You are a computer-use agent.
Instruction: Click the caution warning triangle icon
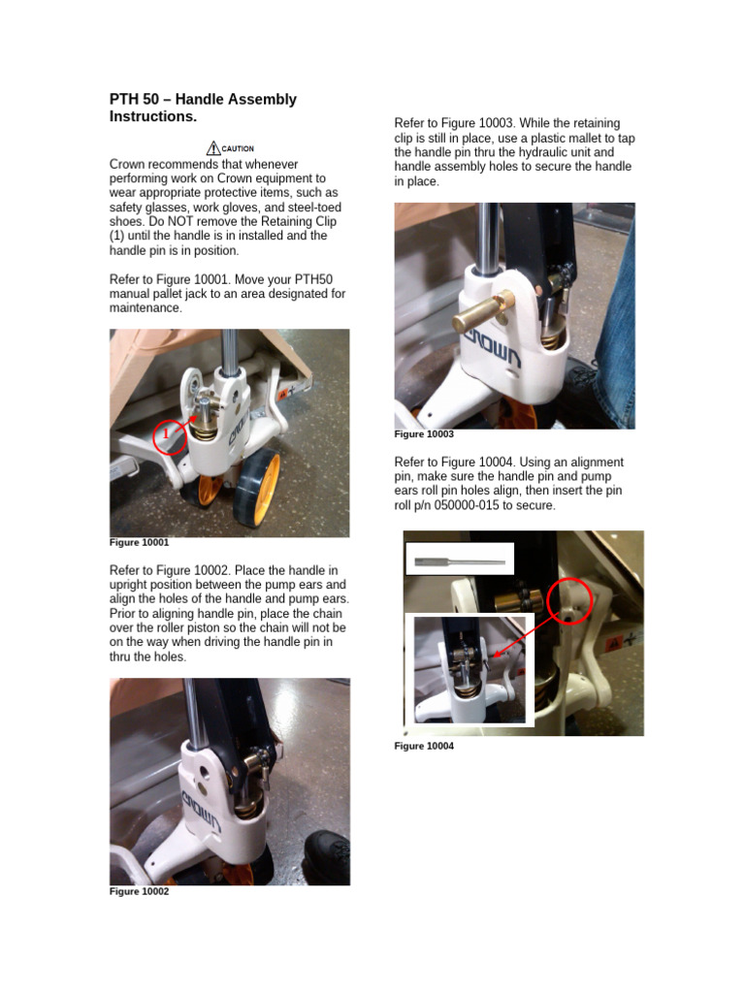click(x=213, y=148)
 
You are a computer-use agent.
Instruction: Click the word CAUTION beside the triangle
click(x=239, y=149)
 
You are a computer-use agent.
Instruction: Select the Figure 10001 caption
click(x=139, y=543)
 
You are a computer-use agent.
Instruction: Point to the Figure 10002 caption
click(x=139, y=891)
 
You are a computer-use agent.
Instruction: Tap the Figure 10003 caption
click(x=424, y=434)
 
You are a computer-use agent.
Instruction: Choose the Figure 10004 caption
click(x=424, y=746)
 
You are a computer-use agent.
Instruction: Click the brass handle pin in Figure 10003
click(x=482, y=316)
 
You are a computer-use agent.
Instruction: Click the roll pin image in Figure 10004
click(x=460, y=561)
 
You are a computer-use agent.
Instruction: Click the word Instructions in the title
click(x=153, y=116)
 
